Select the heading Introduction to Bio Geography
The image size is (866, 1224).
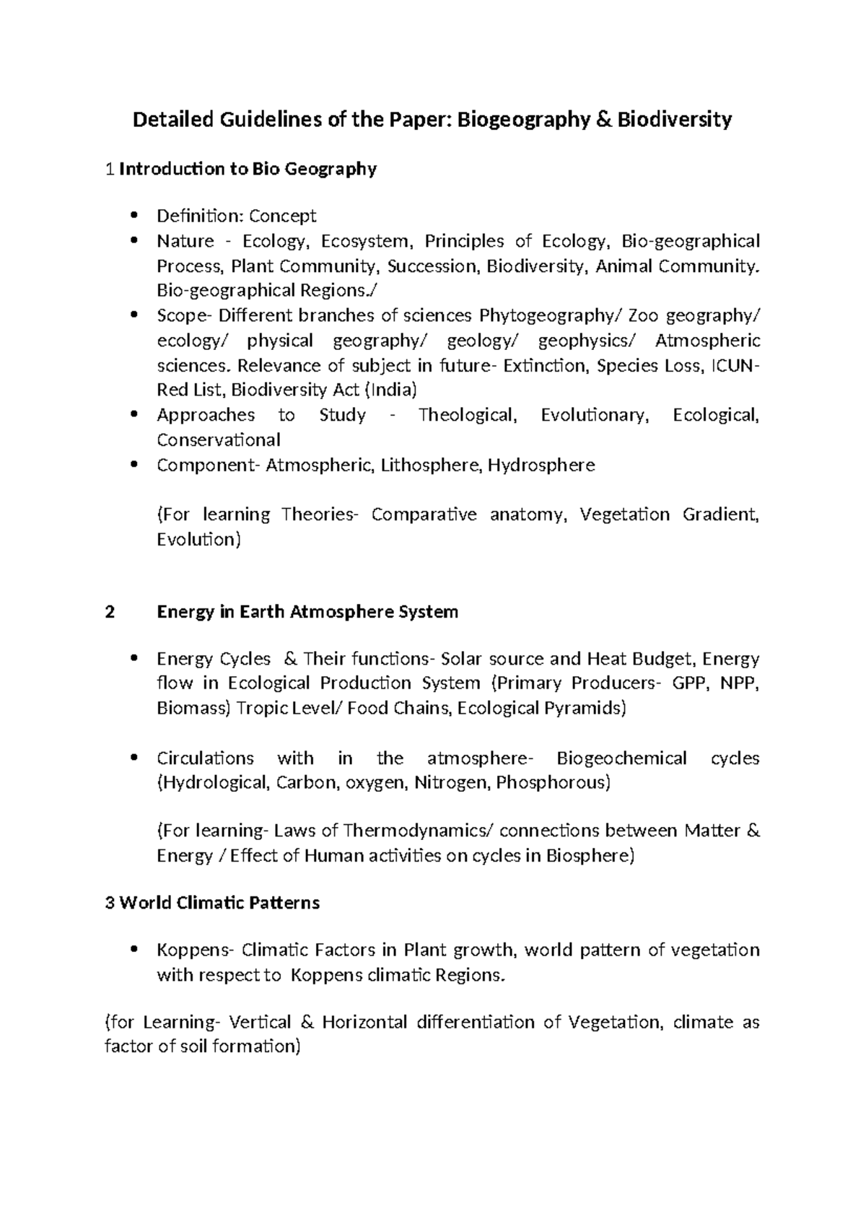(x=248, y=170)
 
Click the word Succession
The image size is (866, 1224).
(x=432, y=266)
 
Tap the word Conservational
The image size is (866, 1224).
(x=219, y=440)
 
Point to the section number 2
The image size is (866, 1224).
(x=110, y=613)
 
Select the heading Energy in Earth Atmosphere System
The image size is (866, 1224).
(x=307, y=613)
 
